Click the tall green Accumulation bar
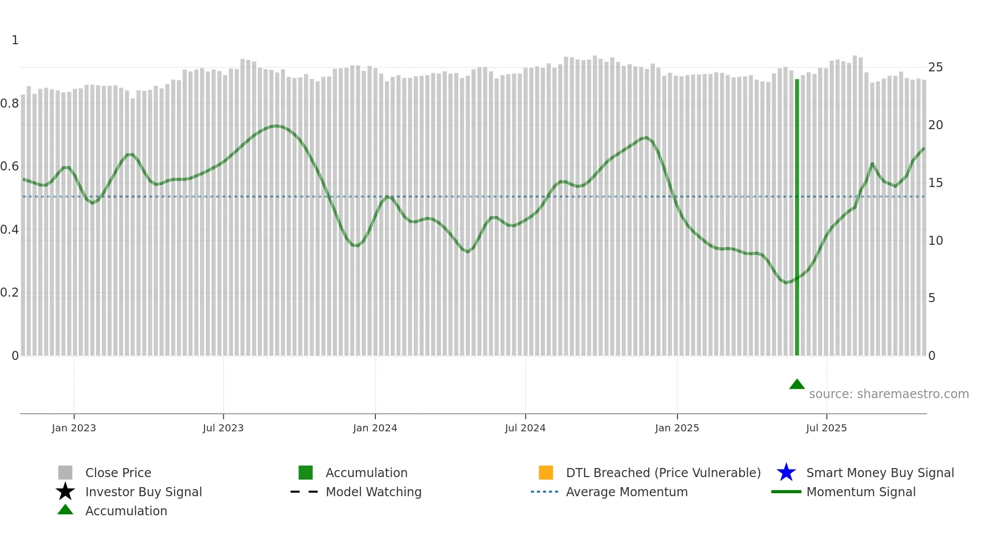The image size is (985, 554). coord(797,216)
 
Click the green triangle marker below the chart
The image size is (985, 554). coord(797,385)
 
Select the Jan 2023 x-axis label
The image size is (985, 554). coord(74,428)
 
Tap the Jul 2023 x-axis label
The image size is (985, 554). coord(223,428)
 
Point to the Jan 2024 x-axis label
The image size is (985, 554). coord(375,428)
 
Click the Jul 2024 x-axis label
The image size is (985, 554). coord(525,428)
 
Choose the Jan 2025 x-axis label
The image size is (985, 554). coord(677,428)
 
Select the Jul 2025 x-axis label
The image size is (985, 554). coord(826,428)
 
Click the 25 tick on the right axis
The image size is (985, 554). coord(935,67)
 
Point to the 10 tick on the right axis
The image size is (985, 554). coord(935,241)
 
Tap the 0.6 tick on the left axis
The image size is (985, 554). coord(10,166)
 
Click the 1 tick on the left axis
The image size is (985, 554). coord(15,40)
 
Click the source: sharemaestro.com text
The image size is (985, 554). coord(889,394)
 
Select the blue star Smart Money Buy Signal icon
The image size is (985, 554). coord(786,473)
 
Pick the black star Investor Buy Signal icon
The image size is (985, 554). coord(65,492)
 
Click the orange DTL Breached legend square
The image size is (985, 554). coord(546,473)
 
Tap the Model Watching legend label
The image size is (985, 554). coord(373,492)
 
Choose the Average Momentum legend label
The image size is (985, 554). coord(627,492)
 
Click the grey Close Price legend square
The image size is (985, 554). coord(65,473)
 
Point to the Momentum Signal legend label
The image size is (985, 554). coord(861,492)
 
